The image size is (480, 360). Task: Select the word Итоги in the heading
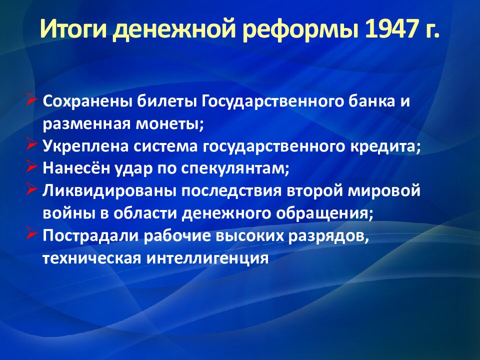coord(74,29)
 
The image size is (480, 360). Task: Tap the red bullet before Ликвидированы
coord(32,188)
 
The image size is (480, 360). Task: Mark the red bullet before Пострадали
coord(32,233)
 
